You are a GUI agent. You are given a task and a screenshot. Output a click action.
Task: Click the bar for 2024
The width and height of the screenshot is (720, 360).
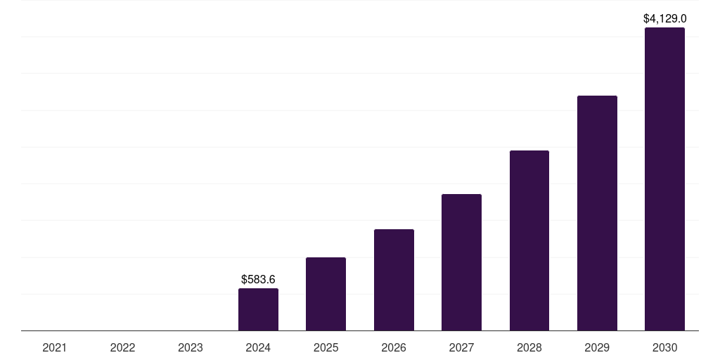[x=258, y=309]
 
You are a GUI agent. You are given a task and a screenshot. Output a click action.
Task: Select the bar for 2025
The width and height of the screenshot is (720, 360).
[x=326, y=294]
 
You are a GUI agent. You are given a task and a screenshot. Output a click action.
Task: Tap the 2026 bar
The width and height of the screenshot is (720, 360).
[x=394, y=280]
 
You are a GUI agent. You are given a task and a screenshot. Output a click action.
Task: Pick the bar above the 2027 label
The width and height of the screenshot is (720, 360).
[x=461, y=262]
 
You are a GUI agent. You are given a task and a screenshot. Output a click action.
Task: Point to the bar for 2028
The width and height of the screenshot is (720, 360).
[x=529, y=240]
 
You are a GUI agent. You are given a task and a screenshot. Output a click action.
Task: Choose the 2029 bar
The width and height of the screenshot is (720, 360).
[x=597, y=213]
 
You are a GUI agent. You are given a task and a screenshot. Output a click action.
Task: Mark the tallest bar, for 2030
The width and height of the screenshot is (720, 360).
[x=664, y=179]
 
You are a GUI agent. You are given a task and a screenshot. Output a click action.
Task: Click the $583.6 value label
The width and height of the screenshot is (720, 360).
[x=258, y=280]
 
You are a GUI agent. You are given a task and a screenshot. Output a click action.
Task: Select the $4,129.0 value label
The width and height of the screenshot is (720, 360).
[x=664, y=19]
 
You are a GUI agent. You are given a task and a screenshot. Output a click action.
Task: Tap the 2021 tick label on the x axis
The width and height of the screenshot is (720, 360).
[x=55, y=347]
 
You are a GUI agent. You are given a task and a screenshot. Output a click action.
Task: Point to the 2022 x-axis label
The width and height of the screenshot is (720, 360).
[x=122, y=347]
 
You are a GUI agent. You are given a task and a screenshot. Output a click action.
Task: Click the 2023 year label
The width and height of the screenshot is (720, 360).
[x=191, y=347]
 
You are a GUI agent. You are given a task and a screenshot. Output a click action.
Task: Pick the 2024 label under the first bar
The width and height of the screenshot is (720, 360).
[x=258, y=347]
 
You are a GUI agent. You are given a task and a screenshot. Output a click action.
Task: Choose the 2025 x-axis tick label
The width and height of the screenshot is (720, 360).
[x=326, y=347]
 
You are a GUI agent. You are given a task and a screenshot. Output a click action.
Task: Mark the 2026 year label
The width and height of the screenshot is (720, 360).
[x=394, y=347]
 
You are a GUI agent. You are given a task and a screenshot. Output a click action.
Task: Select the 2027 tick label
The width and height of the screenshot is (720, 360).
[x=461, y=347]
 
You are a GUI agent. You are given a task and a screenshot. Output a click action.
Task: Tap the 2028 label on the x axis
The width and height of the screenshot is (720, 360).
[x=529, y=347]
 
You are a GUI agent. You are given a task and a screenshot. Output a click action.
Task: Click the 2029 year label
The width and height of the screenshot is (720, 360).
[x=597, y=347]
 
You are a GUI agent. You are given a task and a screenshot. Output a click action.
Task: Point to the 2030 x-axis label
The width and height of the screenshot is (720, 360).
[x=664, y=347]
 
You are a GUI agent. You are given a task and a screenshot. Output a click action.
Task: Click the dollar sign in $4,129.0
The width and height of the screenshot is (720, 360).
[x=646, y=19]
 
